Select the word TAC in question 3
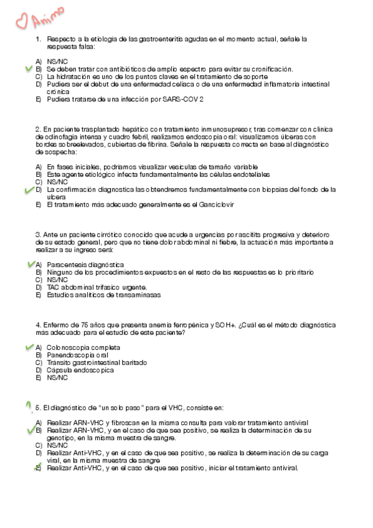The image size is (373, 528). (54, 288)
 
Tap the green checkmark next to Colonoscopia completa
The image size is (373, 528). (28, 347)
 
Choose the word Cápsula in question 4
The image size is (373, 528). (60, 370)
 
